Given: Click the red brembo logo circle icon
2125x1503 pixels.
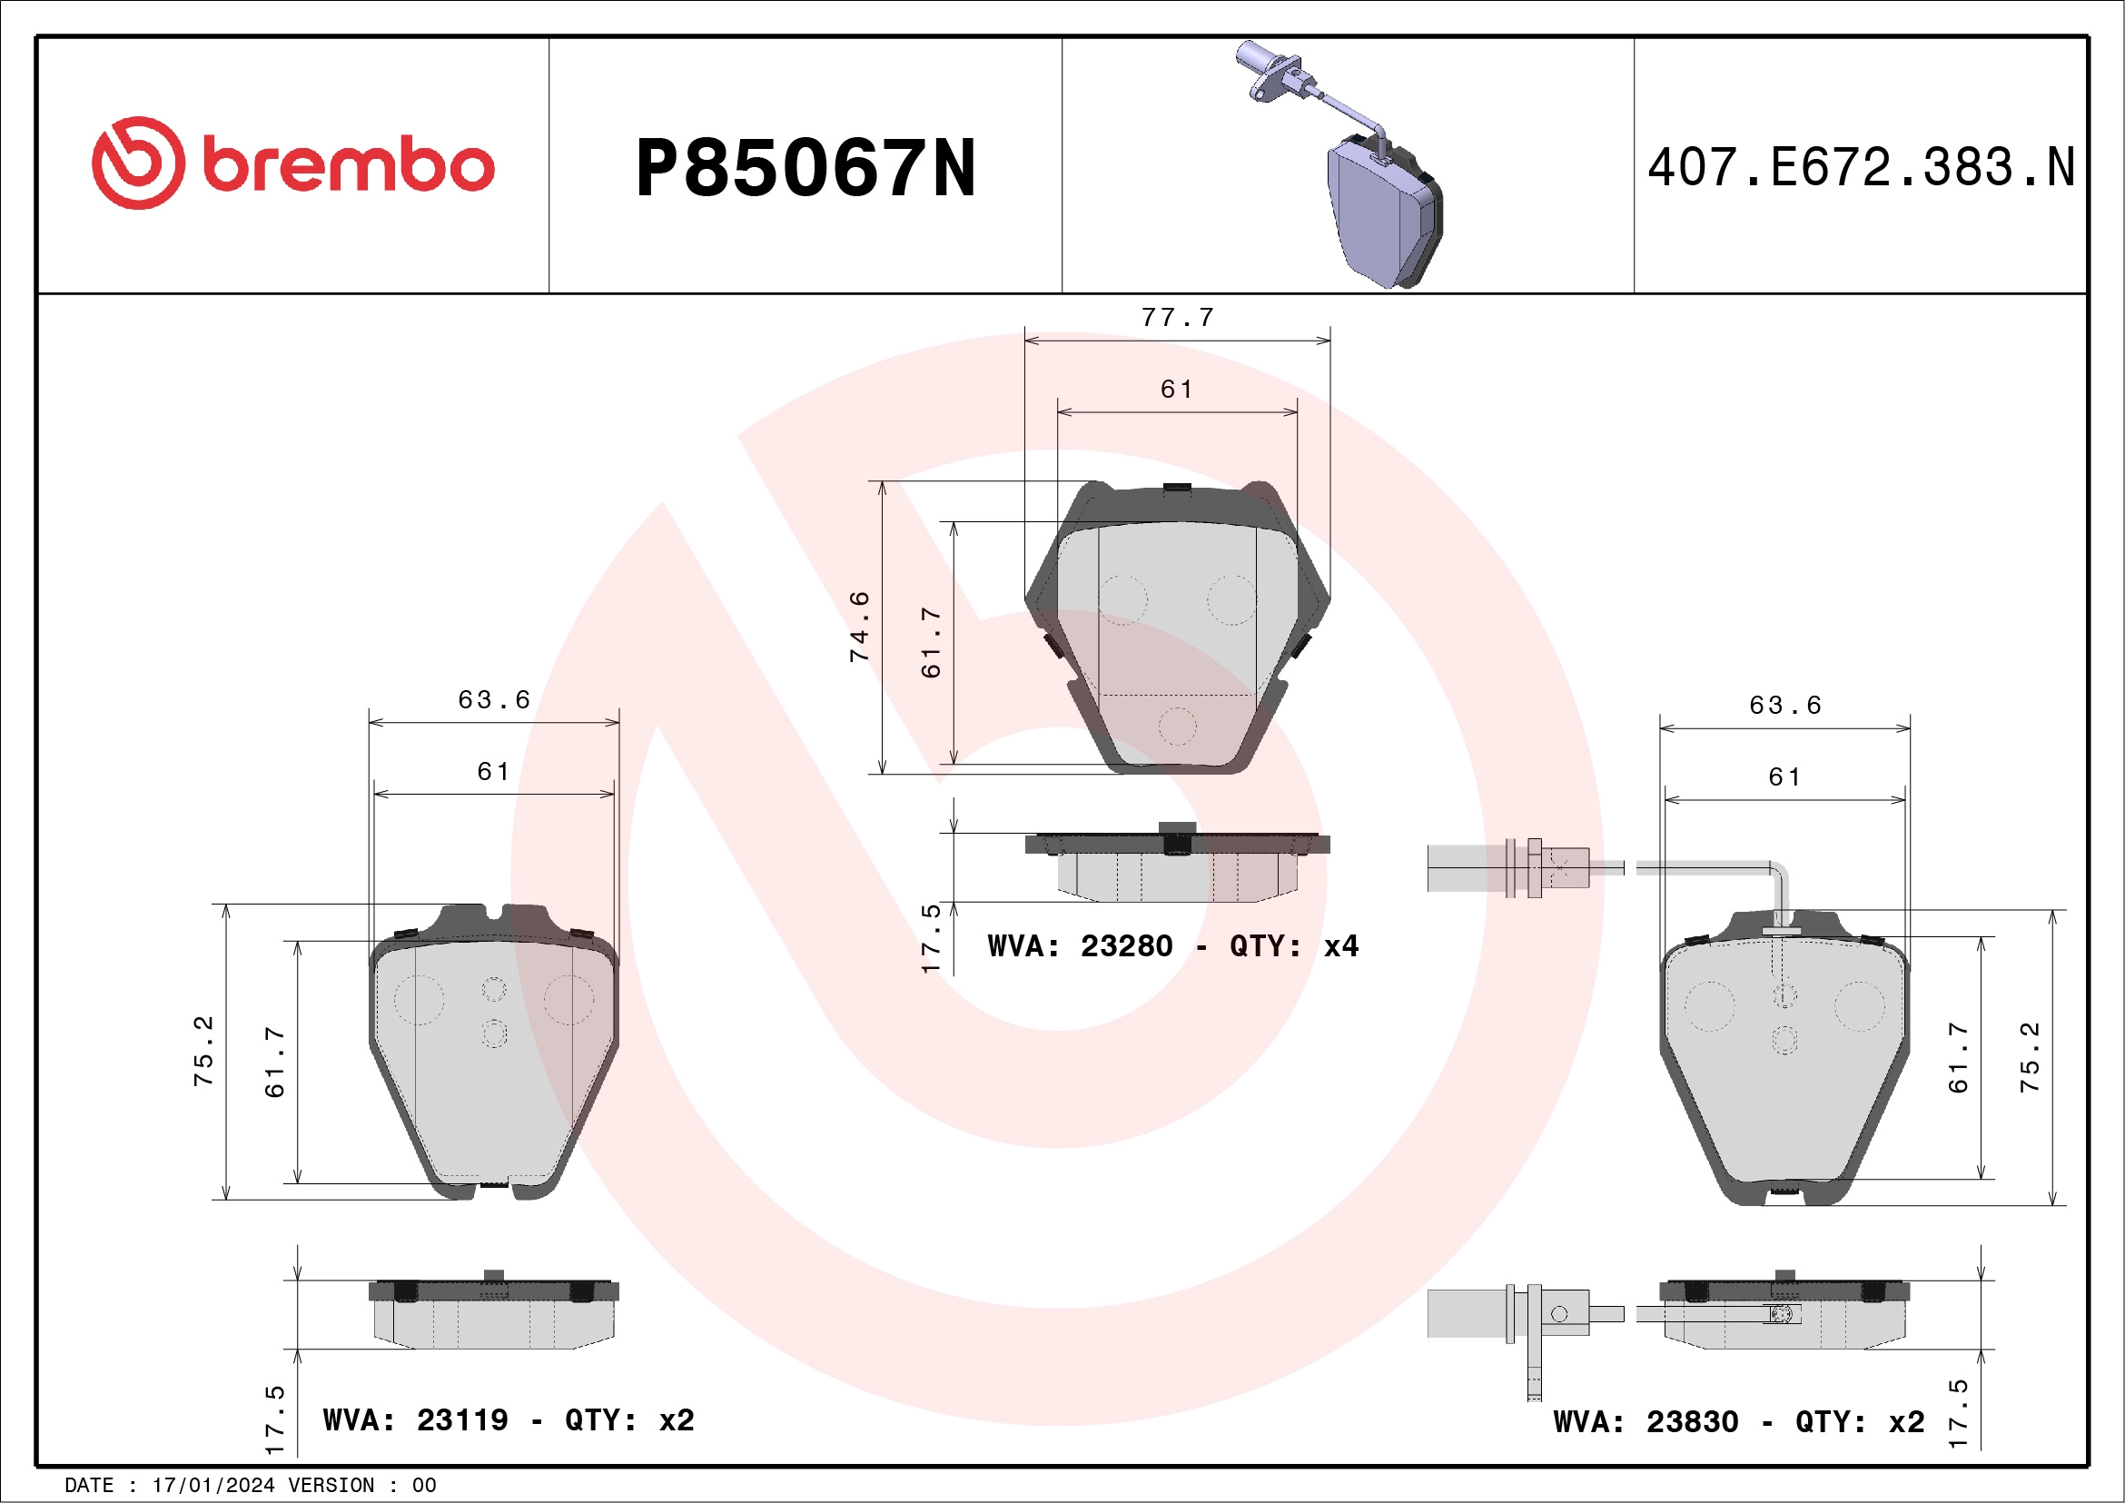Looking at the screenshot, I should (138, 163).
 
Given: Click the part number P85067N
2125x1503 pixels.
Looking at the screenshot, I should (806, 168).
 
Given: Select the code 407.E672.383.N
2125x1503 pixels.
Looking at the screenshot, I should (1861, 168).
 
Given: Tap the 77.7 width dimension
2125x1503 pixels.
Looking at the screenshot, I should (1177, 318).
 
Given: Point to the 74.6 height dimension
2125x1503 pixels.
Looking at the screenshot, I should (860, 627).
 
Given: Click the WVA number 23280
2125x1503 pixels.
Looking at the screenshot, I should (1126, 946).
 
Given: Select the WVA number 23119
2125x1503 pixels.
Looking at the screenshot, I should (462, 1419).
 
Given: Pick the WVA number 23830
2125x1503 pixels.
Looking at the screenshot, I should (1692, 1421).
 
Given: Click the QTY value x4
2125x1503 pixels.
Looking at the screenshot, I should (1341, 946).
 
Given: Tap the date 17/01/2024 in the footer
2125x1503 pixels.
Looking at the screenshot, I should (212, 1486).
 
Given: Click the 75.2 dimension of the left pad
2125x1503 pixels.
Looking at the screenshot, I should (203, 1052).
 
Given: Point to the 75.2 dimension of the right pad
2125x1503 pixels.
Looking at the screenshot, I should (2030, 1057).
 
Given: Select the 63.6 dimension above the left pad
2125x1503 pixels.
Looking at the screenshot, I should (494, 699).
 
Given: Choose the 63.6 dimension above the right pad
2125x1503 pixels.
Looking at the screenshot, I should (1785, 706).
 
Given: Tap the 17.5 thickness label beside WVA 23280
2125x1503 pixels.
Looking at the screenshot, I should (931, 938).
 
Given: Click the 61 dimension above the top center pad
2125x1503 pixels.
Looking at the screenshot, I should (1177, 390).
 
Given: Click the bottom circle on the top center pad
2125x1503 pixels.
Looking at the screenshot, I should (1177, 727).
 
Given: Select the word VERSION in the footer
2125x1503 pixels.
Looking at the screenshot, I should (331, 1486).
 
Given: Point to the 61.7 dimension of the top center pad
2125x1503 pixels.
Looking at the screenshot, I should (931, 643).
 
